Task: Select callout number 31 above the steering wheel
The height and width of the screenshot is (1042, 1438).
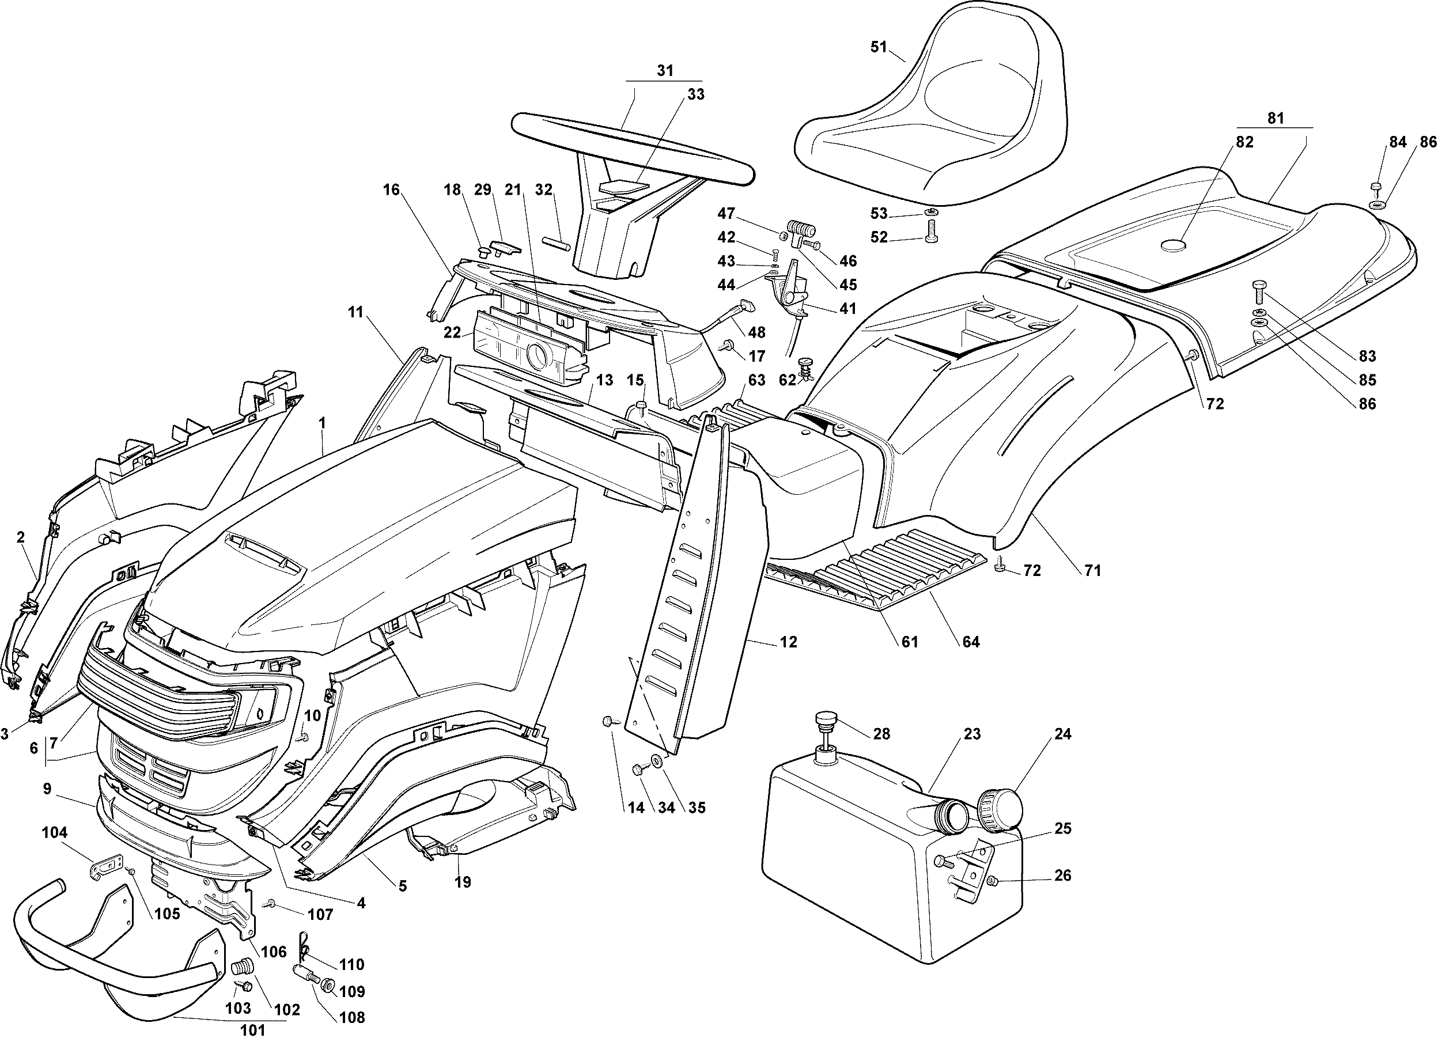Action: coord(664,71)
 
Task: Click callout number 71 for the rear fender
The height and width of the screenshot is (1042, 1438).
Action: coord(1092,570)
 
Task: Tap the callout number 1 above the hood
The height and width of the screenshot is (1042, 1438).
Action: coord(323,422)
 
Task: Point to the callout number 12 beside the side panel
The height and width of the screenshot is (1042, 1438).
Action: coord(788,642)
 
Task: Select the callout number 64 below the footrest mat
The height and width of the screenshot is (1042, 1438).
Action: coord(971,642)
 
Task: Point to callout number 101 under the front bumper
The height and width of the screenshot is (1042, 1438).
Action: coord(252,1030)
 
